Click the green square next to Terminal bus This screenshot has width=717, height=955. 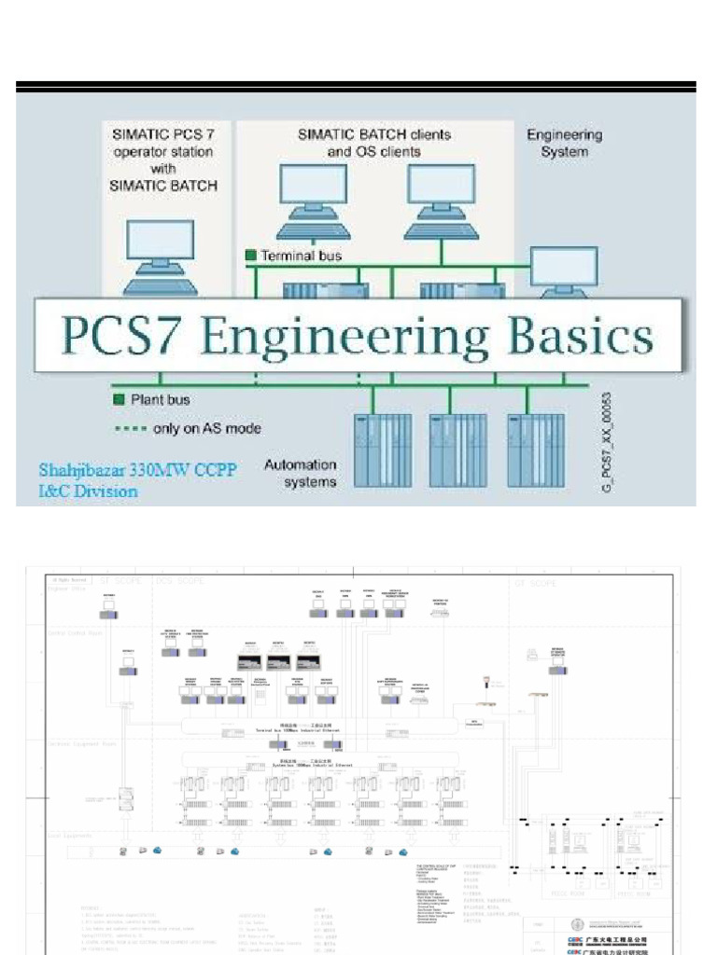coord(250,255)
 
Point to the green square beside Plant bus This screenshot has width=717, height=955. coord(119,400)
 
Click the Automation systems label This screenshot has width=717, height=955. coord(300,473)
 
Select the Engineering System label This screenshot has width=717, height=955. coord(564,142)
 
